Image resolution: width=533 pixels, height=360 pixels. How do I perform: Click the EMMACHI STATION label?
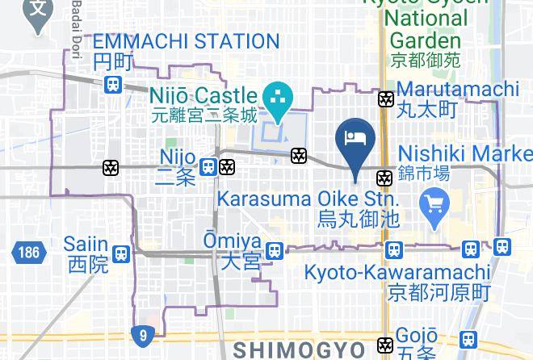coord(186,41)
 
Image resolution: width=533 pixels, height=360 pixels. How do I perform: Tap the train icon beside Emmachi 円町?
coord(113,84)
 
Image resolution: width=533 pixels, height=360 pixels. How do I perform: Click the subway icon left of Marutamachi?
coord(386,99)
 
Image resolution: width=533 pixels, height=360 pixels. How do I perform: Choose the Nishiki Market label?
coord(465,153)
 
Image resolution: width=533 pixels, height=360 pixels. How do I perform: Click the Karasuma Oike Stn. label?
coord(307,199)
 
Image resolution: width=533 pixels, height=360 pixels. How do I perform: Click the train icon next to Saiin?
coord(121,253)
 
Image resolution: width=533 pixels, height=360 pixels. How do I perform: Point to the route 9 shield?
coord(142,333)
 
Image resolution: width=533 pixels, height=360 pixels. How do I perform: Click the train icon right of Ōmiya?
coord(275,251)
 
